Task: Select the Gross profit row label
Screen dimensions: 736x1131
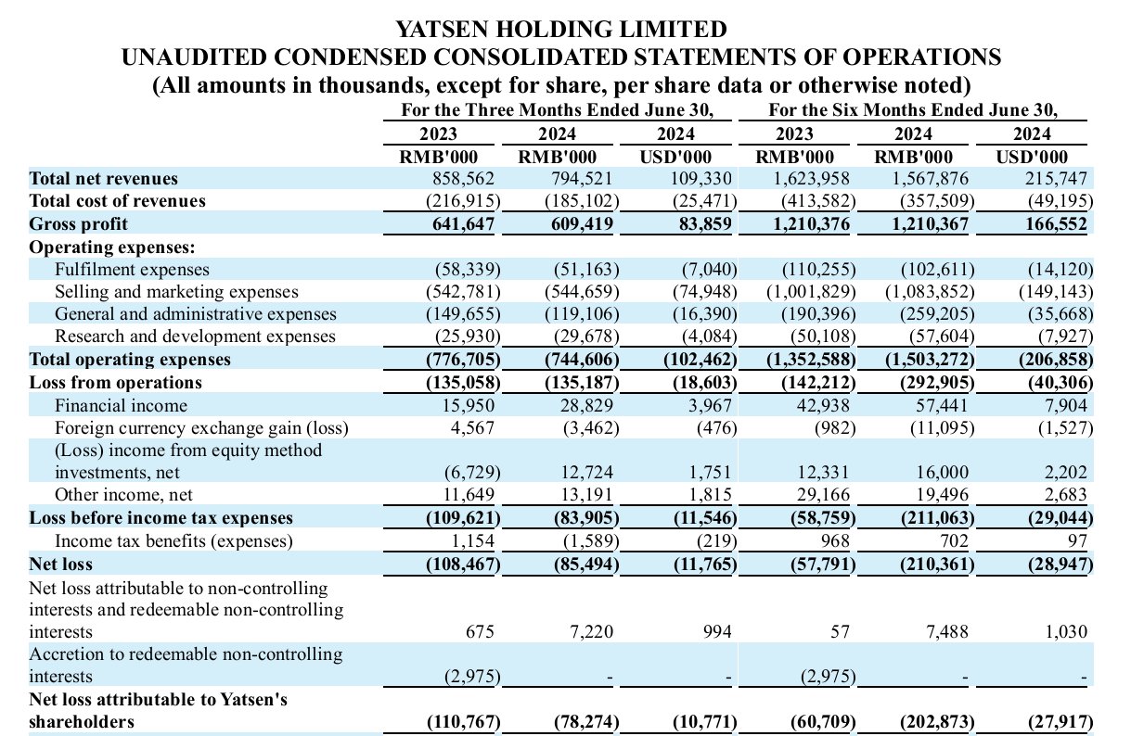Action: pyautogui.click(x=79, y=223)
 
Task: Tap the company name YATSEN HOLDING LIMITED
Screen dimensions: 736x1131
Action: pyautogui.click(x=561, y=29)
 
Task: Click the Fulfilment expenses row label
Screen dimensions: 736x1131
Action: pyautogui.click(x=132, y=269)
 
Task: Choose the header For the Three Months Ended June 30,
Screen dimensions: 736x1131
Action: pyautogui.click(x=557, y=109)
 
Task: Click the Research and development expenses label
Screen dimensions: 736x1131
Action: pyautogui.click(x=195, y=336)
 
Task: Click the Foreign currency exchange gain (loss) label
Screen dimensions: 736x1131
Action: pyautogui.click(x=201, y=427)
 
